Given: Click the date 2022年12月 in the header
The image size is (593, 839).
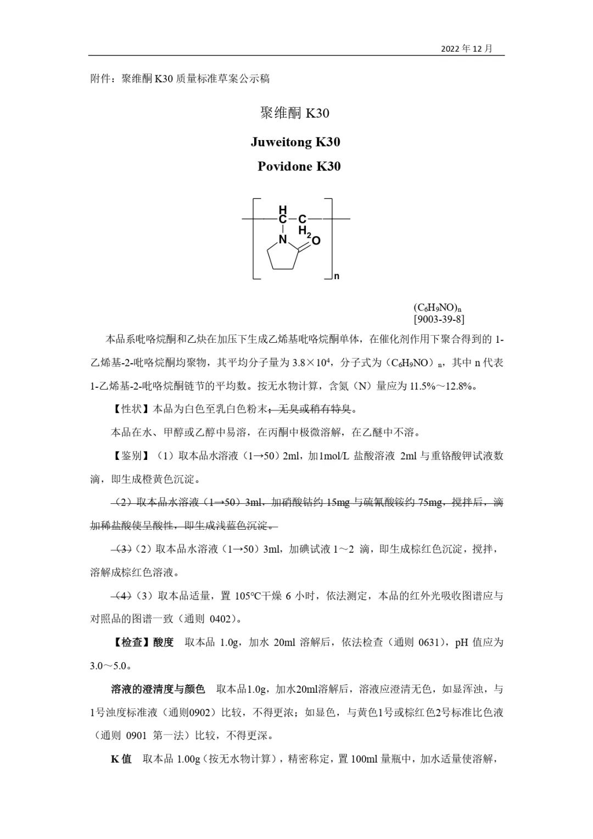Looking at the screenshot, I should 467,49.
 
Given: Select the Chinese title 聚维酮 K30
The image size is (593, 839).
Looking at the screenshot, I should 294,113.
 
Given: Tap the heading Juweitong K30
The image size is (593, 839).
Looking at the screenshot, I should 295,142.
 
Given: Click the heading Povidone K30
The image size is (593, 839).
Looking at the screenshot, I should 299,166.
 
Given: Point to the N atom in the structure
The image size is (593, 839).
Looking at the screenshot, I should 283,240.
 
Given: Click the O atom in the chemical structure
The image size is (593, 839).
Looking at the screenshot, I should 316,241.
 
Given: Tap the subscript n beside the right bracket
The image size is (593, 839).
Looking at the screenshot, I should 337,276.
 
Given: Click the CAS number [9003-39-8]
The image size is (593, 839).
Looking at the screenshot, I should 439,319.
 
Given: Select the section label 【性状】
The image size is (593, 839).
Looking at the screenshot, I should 132,409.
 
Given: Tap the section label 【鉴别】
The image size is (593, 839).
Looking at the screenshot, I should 132,456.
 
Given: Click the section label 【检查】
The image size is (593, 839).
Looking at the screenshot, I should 132,642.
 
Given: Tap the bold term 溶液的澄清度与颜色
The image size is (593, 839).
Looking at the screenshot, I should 158,689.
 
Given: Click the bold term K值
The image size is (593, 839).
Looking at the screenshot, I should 121,759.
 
